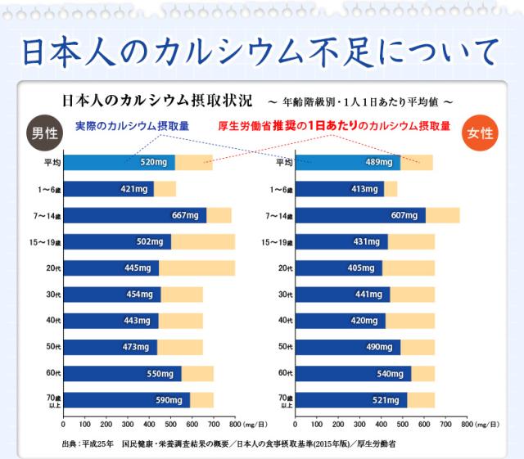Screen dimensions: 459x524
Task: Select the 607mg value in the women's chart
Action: [405, 215]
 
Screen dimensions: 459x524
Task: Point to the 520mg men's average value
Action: [154, 162]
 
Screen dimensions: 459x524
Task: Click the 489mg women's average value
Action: [379, 162]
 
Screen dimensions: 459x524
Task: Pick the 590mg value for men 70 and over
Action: [169, 400]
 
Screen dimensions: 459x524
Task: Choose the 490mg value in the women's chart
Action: [380, 347]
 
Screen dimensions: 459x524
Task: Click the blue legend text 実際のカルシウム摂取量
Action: [132, 126]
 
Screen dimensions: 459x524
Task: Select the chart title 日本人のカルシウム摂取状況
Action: [156, 104]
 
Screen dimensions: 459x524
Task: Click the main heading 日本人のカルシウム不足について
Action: [260, 50]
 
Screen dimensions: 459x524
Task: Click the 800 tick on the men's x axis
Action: [235, 425]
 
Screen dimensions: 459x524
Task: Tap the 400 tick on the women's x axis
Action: [380, 425]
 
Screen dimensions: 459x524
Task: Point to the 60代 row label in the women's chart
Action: [283, 373]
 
